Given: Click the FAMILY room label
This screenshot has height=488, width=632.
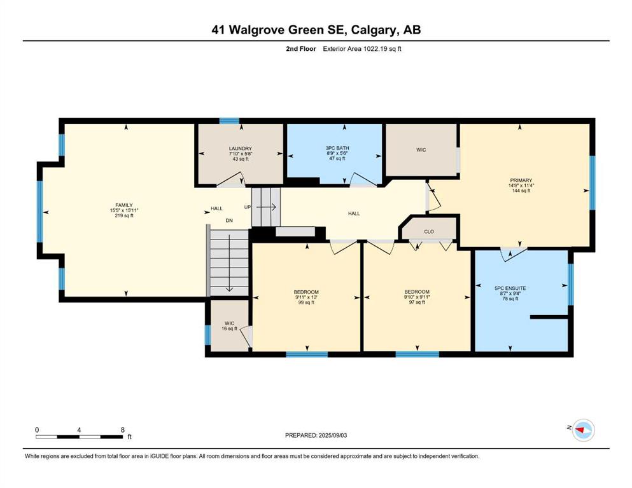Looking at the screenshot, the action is pyautogui.click(x=124, y=205).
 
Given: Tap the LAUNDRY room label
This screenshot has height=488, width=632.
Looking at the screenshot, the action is pyautogui.click(x=241, y=149).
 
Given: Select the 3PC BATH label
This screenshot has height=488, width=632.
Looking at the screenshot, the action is pyautogui.click(x=337, y=148).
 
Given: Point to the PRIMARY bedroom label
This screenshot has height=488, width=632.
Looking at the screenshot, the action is pyautogui.click(x=521, y=180).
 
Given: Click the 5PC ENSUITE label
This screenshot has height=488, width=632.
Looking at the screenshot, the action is pyautogui.click(x=510, y=288).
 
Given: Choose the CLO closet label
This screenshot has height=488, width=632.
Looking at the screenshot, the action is pyautogui.click(x=429, y=231).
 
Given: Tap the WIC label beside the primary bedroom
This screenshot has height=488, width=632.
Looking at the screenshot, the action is pyautogui.click(x=421, y=150).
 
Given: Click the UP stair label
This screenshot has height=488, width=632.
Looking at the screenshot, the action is pyautogui.click(x=248, y=207).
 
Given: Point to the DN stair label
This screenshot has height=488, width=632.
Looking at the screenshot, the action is pyautogui.click(x=229, y=220).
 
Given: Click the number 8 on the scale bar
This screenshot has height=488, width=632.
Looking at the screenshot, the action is pyautogui.click(x=123, y=430).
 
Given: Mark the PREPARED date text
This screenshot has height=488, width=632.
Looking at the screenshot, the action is pyautogui.click(x=316, y=435).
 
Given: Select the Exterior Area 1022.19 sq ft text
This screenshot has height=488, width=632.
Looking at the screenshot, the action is pyautogui.click(x=362, y=49).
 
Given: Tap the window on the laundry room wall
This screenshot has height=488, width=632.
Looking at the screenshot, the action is pyautogui.click(x=229, y=121).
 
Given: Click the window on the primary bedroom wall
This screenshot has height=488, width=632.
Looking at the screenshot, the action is pyautogui.click(x=593, y=182).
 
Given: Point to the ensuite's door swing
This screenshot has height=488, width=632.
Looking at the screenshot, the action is pyautogui.click(x=514, y=254).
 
